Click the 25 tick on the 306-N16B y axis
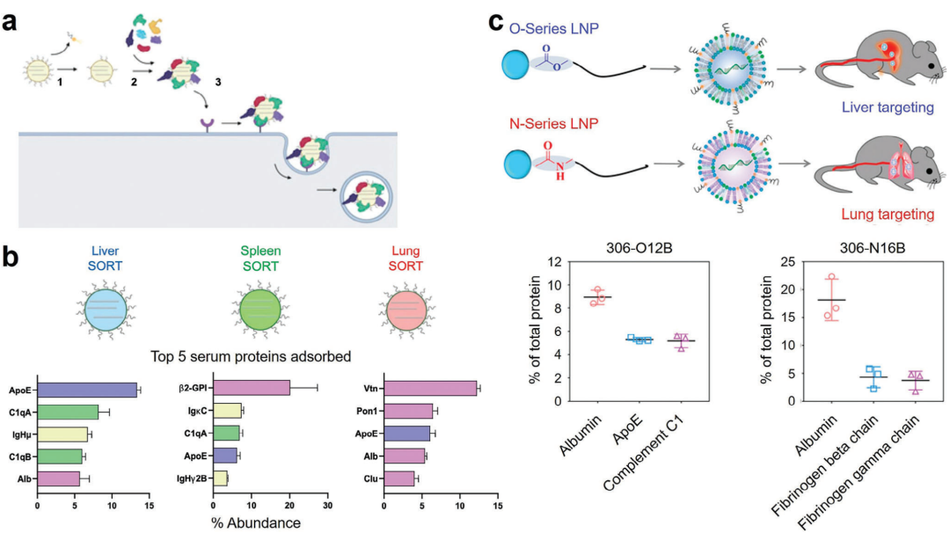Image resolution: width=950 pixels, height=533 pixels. coord(774,262)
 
